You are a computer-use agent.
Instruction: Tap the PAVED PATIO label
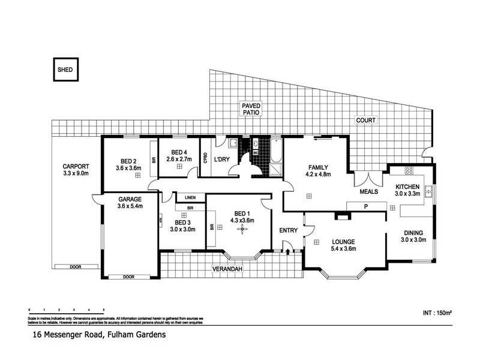[x=251, y=109]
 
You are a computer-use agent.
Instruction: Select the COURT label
[x=365, y=121]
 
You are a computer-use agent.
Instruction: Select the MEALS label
[x=368, y=193]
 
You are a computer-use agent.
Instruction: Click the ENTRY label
[x=289, y=230]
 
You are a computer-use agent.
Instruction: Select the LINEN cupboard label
[x=190, y=197]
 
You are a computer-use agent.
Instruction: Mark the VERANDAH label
[x=229, y=269]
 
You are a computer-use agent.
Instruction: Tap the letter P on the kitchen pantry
[x=364, y=206]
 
